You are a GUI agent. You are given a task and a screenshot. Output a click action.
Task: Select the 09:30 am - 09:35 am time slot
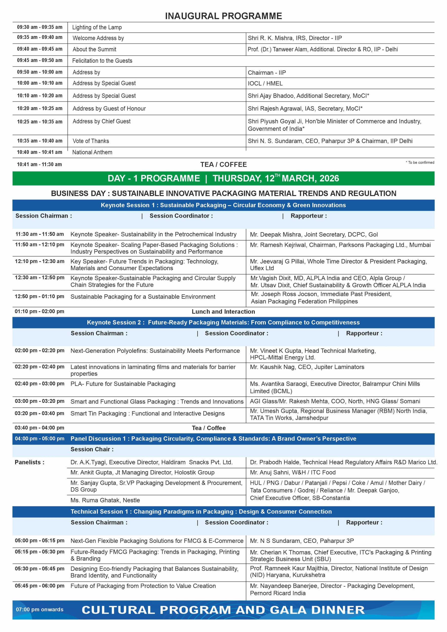[x=40, y=27]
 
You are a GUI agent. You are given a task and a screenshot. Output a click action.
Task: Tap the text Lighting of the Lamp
[x=97, y=27]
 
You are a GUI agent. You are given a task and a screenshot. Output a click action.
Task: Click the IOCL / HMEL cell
[x=265, y=84]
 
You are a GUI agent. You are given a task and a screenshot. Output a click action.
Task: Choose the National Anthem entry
[x=92, y=153]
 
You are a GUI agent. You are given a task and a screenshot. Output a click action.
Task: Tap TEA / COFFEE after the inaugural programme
[x=224, y=165]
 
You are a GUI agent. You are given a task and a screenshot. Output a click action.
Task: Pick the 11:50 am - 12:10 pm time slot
[x=40, y=245]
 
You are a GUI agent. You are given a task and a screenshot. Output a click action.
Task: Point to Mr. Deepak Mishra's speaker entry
[x=313, y=235]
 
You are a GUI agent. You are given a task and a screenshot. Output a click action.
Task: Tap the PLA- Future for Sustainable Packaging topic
[x=123, y=384]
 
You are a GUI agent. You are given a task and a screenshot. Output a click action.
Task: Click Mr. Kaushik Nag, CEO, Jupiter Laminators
[x=307, y=367]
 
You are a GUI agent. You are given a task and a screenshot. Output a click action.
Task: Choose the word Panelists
[x=29, y=462]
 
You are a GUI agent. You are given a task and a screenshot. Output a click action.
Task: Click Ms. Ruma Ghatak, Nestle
[x=105, y=500]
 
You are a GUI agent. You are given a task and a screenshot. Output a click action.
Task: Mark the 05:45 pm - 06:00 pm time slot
[x=40, y=586]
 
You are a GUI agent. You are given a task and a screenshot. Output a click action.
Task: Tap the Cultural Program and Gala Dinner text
[x=223, y=610]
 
